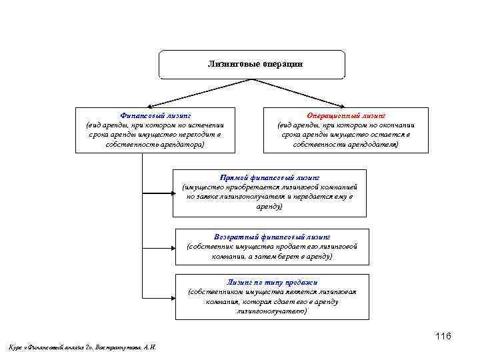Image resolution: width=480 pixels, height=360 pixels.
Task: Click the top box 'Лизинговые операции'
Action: [x=251, y=64]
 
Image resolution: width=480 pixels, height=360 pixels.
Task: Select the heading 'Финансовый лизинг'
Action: [x=155, y=115]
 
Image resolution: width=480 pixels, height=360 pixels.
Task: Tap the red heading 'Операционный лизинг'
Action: [x=345, y=115]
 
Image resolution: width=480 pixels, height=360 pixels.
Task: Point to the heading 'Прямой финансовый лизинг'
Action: [x=269, y=178]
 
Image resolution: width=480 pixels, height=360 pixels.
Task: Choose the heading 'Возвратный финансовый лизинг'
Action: [x=272, y=237]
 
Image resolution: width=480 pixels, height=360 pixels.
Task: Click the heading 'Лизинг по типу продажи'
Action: [x=271, y=282]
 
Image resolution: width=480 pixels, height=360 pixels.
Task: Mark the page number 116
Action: [x=443, y=336]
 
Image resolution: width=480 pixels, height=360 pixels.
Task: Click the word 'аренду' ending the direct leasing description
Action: [x=269, y=207]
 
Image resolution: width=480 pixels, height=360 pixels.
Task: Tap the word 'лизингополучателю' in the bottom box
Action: [x=271, y=311]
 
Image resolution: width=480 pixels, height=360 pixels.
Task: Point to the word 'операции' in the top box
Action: [x=280, y=64]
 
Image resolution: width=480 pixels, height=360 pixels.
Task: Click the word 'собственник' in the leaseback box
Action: [x=211, y=247]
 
